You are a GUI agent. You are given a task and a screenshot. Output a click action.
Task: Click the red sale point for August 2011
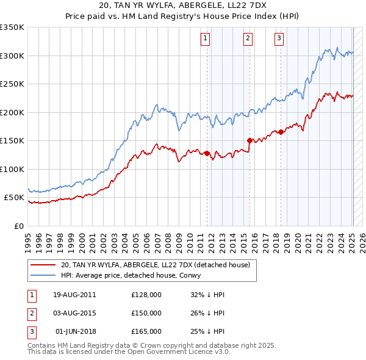207,153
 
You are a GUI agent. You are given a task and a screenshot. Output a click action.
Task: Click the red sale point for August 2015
249,140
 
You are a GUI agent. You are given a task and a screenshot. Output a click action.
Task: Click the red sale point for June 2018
281,132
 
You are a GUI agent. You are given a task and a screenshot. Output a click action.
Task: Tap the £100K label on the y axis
12,169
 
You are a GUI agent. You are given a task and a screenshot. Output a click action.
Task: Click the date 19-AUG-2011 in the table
74,295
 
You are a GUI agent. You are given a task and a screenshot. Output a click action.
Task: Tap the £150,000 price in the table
146,313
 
